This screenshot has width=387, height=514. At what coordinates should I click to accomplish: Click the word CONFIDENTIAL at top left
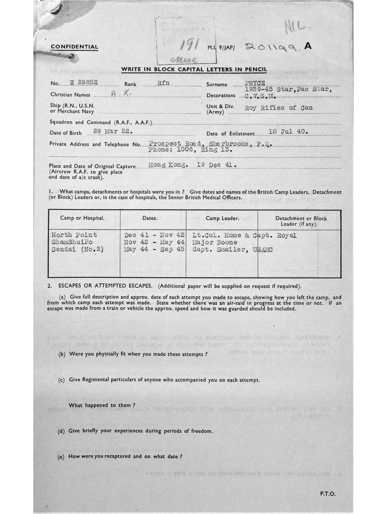coord(74,47)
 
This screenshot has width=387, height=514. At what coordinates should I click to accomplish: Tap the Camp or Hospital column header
coord(82,218)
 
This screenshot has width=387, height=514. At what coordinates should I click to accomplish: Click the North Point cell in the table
coord(74,235)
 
